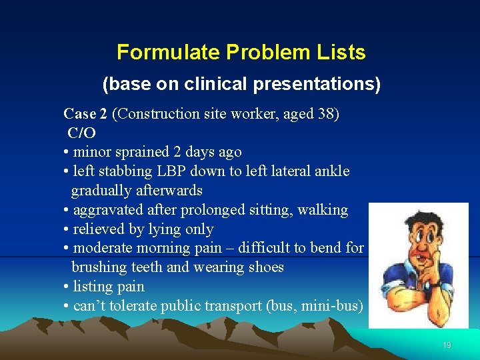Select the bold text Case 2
click(85, 114)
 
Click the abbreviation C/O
click(81, 133)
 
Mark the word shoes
click(265, 267)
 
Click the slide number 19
click(447, 345)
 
